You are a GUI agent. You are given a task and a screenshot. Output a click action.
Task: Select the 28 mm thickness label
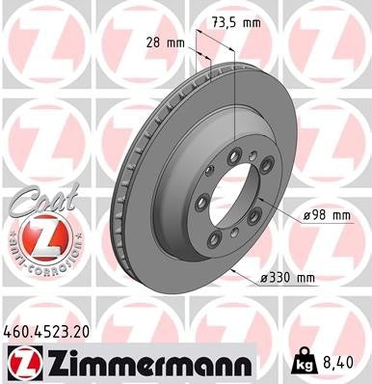[x=161, y=42]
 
